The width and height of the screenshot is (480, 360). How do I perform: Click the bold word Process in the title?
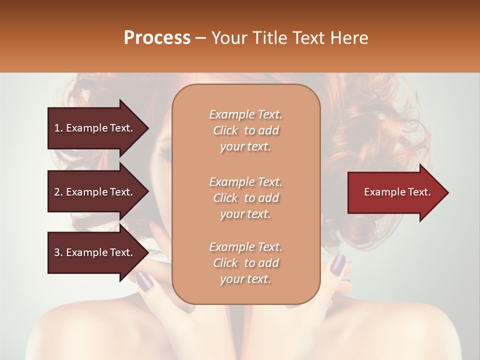click(157, 38)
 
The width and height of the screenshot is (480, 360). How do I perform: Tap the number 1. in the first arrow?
click(58, 128)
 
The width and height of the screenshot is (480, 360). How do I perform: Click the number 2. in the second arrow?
click(58, 192)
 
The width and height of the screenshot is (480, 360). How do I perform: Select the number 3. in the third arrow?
click(58, 252)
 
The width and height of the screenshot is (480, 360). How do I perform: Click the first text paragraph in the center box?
click(245, 130)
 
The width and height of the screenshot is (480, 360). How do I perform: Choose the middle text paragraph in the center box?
click(245, 198)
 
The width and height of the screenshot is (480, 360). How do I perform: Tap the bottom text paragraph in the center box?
click(245, 263)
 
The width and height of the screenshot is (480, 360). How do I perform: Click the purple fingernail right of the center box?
click(338, 264)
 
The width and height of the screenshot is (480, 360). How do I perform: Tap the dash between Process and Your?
click(200, 38)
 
